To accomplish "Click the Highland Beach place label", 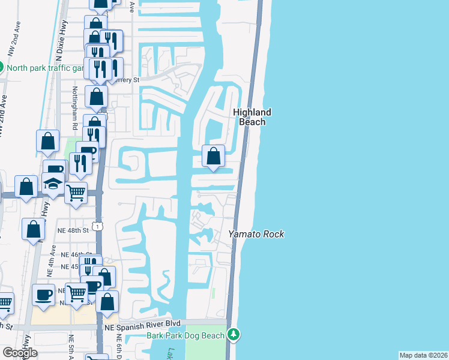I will pyautogui.click(x=252, y=117).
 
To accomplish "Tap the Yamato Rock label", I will pyautogui.click(x=257, y=234).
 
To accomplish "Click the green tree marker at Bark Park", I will pyautogui.click(x=234, y=334).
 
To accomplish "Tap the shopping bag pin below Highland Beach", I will pyautogui.click(x=213, y=157).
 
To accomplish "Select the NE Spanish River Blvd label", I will pyautogui.click(x=142, y=325).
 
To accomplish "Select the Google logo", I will pyautogui.click(x=20, y=353).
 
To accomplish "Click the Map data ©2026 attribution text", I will pyautogui.click(x=423, y=355).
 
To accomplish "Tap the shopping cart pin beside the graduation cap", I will pyautogui.click(x=76, y=193).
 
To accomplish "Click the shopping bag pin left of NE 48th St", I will pyautogui.click(x=34, y=230).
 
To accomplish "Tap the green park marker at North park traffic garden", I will pyautogui.click(x=2, y=67).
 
